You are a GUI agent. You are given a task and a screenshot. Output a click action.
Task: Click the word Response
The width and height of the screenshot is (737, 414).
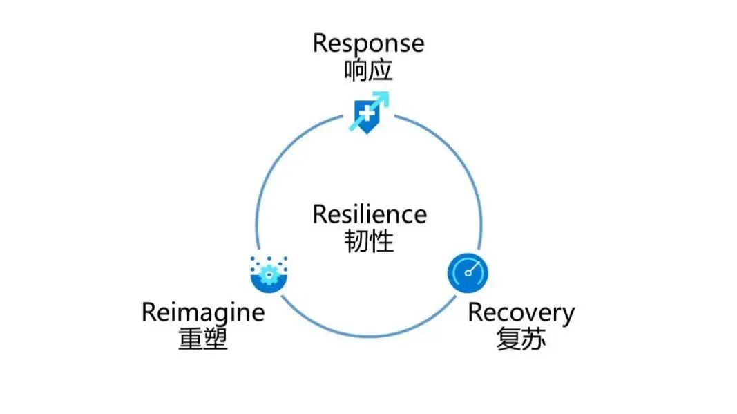(x=368, y=44)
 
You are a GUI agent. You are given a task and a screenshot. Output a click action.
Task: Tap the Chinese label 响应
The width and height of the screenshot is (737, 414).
(x=368, y=71)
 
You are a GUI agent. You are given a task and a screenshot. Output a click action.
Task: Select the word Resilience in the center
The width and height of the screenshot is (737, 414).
(x=369, y=214)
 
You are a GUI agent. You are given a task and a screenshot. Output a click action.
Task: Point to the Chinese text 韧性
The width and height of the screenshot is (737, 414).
(x=369, y=241)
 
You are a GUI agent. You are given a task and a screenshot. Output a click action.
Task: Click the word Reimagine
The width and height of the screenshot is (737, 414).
(x=202, y=312)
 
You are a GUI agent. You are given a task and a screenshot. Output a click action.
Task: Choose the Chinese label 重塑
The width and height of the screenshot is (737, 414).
(x=202, y=339)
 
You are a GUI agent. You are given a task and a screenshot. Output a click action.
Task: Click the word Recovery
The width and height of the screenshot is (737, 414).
(x=521, y=312)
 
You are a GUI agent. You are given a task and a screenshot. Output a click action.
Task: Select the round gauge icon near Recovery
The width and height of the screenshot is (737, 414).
(x=468, y=272)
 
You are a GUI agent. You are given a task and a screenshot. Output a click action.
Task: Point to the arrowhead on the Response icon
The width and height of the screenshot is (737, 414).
(x=384, y=96)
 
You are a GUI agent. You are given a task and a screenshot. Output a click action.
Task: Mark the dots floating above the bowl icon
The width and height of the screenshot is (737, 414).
(x=268, y=262)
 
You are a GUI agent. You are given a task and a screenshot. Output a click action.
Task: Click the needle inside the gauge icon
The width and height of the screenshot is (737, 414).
(x=471, y=268)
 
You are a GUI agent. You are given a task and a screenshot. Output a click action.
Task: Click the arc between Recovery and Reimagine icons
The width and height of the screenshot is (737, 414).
(x=367, y=336)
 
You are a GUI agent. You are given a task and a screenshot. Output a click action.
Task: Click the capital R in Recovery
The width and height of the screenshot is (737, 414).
(x=475, y=312)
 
